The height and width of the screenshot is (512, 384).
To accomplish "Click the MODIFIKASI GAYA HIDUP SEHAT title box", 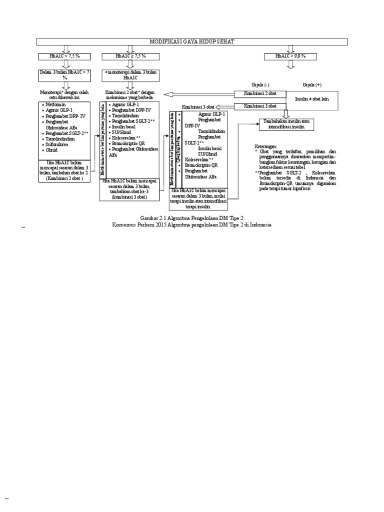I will [x=192, y=41].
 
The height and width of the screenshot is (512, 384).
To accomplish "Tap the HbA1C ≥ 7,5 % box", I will [x=130, y=55].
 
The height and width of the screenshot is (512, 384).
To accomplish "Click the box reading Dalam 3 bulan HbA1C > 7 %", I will [x=64, y=74].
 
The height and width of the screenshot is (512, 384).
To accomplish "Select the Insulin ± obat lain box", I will [x=312, y=99].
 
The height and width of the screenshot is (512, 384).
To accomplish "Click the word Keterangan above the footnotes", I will [x=266, y=146].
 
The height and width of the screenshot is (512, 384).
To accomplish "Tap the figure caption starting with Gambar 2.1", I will [x=192, y=219].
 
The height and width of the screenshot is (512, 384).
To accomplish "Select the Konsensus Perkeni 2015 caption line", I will [x=192, y=225].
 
